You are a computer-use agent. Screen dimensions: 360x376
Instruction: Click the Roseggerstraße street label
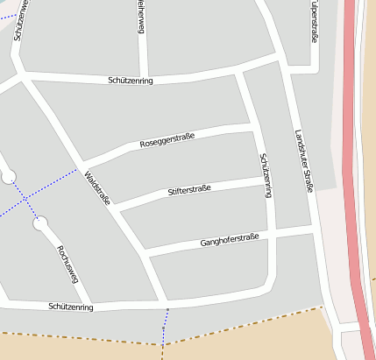click(167, 139)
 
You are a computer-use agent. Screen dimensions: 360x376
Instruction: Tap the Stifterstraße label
click(189, 190)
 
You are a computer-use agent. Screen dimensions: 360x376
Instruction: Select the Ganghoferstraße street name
click(230, 240)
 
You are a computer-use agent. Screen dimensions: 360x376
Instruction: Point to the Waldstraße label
click(97, 188)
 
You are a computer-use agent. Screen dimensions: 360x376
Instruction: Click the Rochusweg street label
click(67, 264)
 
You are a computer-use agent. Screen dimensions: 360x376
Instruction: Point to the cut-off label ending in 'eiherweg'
click(139, 17)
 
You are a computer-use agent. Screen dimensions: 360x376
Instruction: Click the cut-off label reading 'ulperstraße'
click(314, 20)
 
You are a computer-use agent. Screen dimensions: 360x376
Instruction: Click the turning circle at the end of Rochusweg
click(39, 224)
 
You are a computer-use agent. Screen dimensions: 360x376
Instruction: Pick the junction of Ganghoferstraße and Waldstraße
click(145, 255)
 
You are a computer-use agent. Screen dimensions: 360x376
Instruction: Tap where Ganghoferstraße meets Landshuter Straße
click(313, 229)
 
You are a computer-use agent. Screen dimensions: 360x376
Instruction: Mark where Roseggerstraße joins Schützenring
click(253, 129)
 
